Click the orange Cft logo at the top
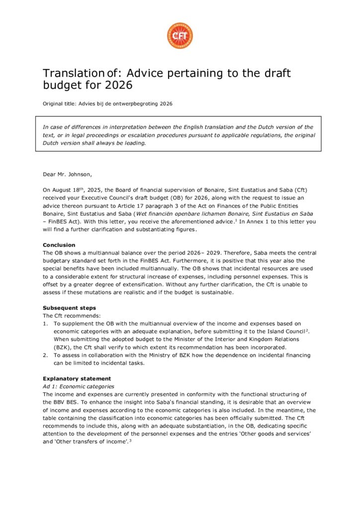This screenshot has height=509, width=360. (x=180, y=35)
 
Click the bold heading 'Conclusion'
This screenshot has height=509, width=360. (x=59, y=245)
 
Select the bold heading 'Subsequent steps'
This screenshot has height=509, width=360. (x=69, y=308)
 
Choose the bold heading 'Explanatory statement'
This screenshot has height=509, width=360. (x=77, y=379)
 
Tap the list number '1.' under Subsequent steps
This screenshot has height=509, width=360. (x=46, y=324)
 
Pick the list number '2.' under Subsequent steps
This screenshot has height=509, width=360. (x=46, y=355)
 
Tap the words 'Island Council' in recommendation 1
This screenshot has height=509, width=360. (x=288, y=332)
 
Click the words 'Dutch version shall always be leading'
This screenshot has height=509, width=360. (x=94, y=143)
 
